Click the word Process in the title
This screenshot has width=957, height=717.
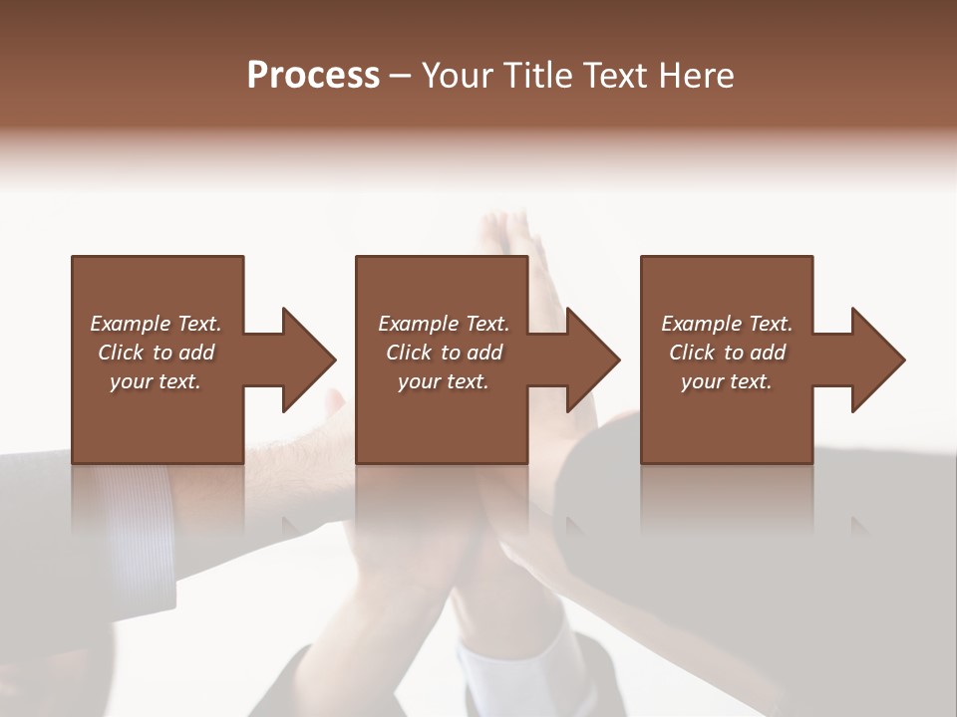pos(313,76)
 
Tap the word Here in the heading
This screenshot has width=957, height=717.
pos(696,76)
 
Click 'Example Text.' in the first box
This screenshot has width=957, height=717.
pos(156,324)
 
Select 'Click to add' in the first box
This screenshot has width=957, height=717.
pos(156,353)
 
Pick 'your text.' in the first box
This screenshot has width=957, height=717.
pos(156,381)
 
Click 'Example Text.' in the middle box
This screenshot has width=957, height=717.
pos(444,324)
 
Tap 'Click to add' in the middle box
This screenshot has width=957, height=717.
pos(444,353)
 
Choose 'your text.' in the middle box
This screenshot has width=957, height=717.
pos(444,381)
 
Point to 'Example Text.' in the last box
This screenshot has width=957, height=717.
pos(727,324)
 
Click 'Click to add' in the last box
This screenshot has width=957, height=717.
pos(727,353)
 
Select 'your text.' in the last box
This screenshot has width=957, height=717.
pos(727,381)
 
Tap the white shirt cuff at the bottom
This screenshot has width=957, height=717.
pos(498,677)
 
